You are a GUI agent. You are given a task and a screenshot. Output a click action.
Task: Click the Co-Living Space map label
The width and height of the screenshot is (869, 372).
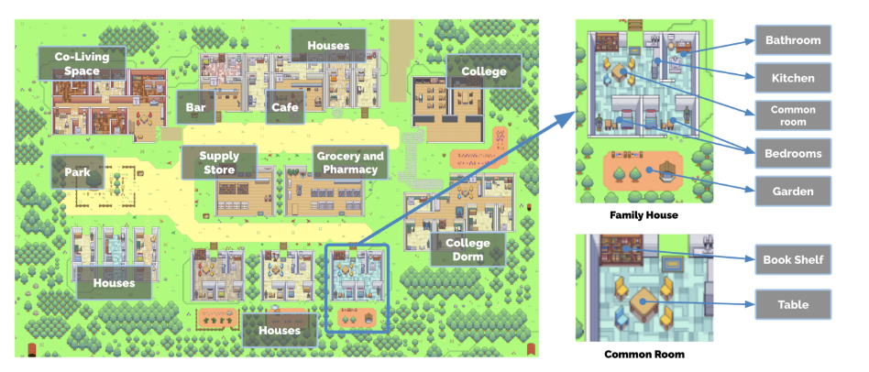(x=75, y=64)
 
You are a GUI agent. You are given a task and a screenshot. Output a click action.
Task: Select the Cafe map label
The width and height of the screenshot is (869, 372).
(x=282, y=107)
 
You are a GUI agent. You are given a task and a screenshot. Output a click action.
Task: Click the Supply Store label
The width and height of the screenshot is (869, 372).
(x=218, y=163)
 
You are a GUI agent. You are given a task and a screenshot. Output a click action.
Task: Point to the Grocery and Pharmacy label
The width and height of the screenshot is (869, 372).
(x=350, y=163)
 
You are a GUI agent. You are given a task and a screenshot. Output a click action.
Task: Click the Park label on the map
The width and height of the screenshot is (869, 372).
(x=76, y=171)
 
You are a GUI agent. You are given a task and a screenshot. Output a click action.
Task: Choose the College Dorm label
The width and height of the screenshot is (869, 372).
(x=467, y=250)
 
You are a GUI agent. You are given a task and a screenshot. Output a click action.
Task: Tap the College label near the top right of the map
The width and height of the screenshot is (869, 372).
(x=483, y=71)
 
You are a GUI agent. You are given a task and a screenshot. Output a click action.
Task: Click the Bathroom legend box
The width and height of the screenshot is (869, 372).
(x=793, y=41)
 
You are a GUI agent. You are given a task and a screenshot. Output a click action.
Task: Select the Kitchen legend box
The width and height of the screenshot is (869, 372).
(x=793, y=78)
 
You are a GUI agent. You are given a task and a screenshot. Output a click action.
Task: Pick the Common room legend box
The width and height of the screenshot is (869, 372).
(x=793, y=115)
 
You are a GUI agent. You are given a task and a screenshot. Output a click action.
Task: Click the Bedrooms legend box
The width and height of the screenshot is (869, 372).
(x=793, y=153)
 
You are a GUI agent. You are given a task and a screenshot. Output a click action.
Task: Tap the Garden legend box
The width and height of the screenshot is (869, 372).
(x=793, y=191)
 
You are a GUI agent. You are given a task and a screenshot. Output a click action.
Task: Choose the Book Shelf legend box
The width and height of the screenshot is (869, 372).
(x=793, y=260)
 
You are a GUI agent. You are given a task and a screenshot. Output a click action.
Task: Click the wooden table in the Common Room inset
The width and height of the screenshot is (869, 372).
(x=646, y=302)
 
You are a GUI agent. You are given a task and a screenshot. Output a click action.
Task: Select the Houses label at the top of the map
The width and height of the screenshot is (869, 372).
(x=328, y=45)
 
